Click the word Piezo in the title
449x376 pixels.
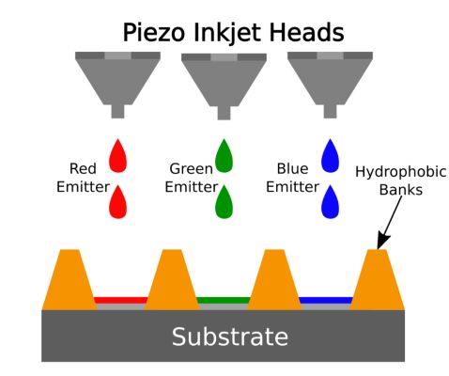click(153, 33)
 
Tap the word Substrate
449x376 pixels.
click(230, 337)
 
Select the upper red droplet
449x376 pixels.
click(117, 156)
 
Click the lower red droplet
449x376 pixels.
click(117, 202)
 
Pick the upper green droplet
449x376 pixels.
click(224, 156)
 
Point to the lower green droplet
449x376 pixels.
click(224, 202)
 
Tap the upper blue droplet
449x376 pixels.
click(330, 156)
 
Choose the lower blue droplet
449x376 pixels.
click(330, 202)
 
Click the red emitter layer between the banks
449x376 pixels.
click(120, 300)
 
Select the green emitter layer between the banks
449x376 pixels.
click(224, 300)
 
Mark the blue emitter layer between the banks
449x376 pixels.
click(326, 300)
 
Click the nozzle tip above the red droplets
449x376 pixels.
click(117, 112)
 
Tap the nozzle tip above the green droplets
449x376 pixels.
click(224, 113)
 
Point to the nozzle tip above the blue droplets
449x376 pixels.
click(330, 112)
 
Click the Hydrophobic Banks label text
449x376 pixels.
click(401, 180)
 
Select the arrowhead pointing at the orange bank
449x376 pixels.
click(383, 242)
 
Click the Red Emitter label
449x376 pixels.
click(83, 178)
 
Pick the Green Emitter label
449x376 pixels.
click(192, 178)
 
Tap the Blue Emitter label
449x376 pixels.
click(292, 178)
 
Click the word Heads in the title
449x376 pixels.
click(307, 32)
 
